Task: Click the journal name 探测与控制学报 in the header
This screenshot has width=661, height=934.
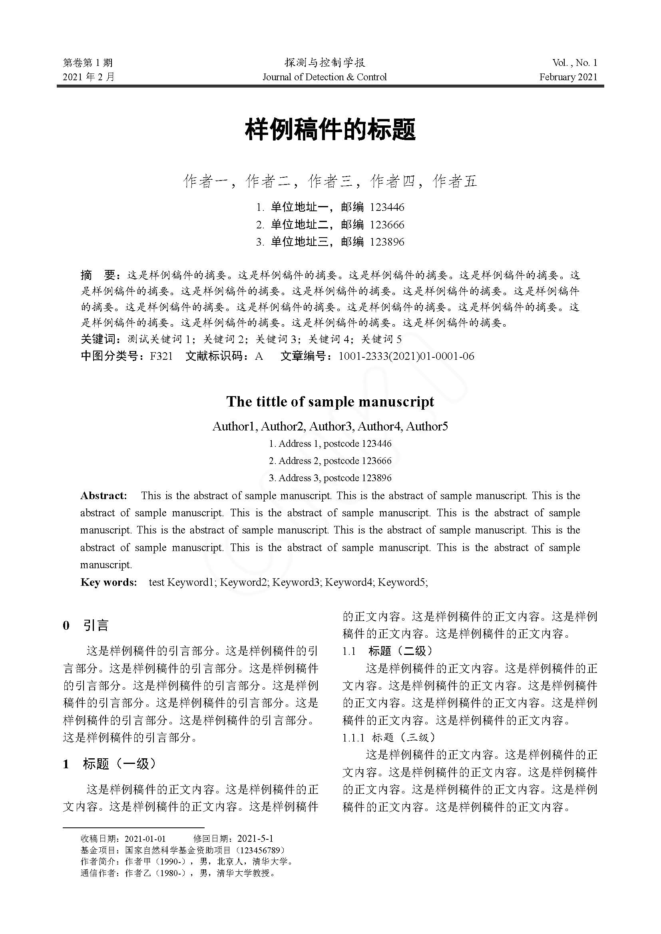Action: click(325, 63)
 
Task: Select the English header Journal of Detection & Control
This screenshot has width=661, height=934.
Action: click(325, 77)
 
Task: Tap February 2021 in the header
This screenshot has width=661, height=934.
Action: click(568, 77)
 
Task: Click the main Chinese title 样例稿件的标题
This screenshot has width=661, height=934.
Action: click(330, 130)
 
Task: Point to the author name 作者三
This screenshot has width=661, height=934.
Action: click(330, 181)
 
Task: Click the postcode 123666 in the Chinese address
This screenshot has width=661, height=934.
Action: click(387, 224)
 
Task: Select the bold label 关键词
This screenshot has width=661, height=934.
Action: click(98, 339)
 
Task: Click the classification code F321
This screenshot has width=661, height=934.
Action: click(161, 356)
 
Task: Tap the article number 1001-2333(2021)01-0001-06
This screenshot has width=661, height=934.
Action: click(406, 356)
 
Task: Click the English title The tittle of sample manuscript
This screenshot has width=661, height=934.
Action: click(330, 402)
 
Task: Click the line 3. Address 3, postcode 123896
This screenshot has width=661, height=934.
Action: click(330, 478)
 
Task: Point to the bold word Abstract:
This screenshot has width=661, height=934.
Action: click(104, 496)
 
